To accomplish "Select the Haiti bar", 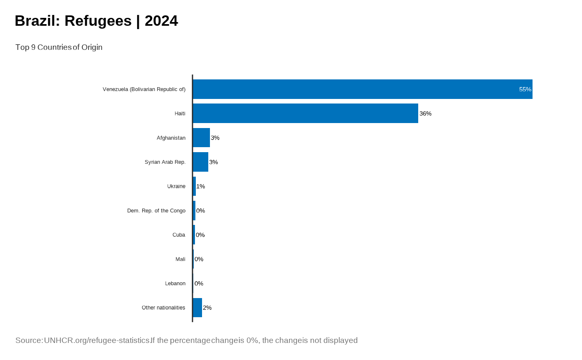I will pos(305,113).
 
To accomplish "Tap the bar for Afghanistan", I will pos(201,138).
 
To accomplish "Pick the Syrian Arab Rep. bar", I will pos(200,162).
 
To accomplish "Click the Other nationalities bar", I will pos(197,308).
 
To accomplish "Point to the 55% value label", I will pos(525,89).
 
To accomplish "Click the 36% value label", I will pos(425,113).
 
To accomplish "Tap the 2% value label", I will pos(207,308).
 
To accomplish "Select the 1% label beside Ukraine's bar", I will pos(200,186).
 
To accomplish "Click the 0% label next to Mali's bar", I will pos(199,259).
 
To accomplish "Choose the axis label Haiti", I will pos(180,113).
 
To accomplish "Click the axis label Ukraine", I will pos(176,186).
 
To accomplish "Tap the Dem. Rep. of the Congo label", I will pos(156,211).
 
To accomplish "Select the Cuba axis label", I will pos(179,235).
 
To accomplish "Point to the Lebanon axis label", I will pos(175,284).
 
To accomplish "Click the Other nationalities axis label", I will pos(163,308).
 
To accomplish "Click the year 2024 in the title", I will pos(161,21).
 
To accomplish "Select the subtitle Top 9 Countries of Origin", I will pos(59,47).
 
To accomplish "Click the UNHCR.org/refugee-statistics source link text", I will pos(97,340).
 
